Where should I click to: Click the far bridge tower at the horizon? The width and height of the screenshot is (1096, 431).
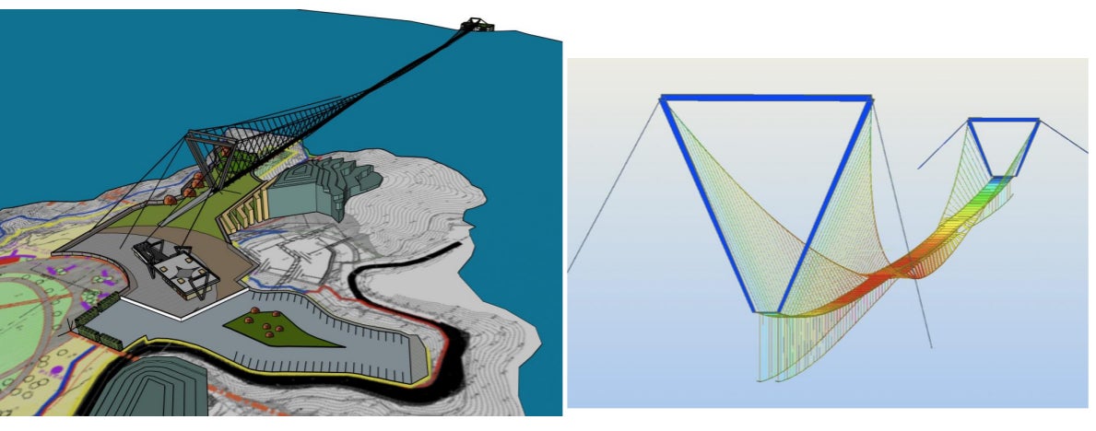tap(478, 24)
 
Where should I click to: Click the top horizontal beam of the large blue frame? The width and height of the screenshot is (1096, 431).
tap(765, 97)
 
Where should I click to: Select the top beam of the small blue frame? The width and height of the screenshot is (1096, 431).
tap(1003, 120)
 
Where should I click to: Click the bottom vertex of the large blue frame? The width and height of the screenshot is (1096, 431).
tap(779, 311)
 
